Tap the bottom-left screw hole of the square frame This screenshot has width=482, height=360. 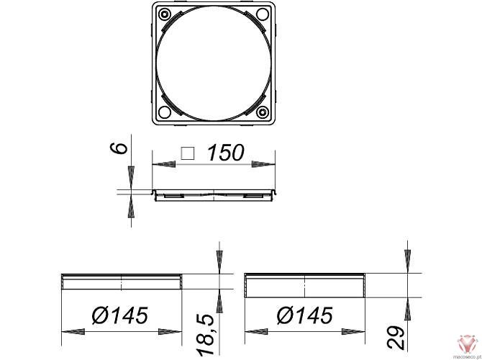[x=165, y=112]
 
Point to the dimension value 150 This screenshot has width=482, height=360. [x=225, y=153]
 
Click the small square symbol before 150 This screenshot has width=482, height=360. [x=188, y=153]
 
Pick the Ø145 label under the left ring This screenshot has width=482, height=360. [x=119, y=315]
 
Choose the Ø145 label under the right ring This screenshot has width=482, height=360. [x=304, y=315]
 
